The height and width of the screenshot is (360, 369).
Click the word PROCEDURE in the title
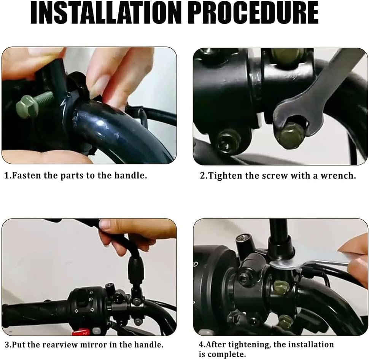coord(253,13)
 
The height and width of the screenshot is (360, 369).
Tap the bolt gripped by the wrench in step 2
coord(290,135)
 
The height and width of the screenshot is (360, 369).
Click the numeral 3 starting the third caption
coord(6,345)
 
